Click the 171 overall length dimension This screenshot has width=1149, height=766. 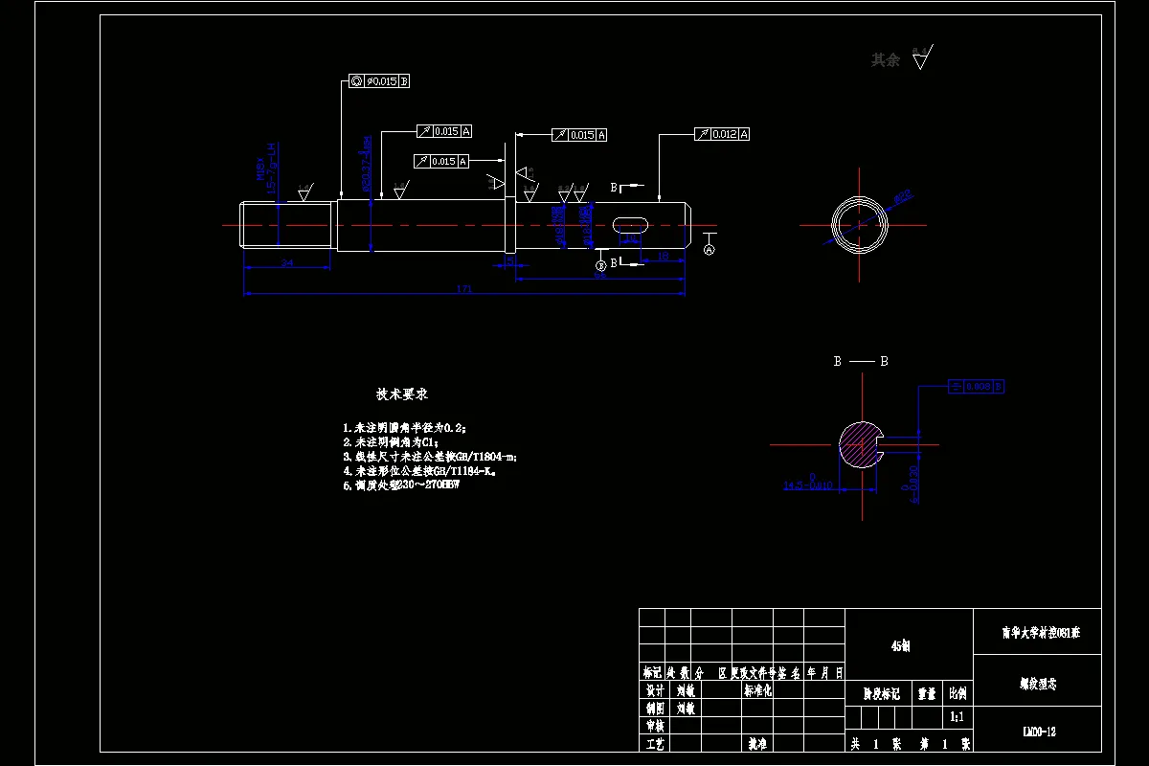[465, 288]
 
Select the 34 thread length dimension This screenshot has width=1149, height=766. [287, 262]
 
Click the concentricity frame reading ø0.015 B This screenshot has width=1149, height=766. [380, 81]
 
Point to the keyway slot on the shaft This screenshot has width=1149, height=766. [628, 224]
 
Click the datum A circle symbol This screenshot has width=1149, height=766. [710, 249]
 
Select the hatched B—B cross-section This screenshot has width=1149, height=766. [861, 444]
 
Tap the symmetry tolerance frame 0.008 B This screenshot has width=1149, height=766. [977, 386]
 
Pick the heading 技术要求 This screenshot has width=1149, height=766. [401, 394]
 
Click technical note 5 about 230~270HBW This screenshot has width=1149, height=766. [401, 485]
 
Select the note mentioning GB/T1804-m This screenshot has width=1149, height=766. [430, 457]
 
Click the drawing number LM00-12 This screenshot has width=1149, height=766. [1039, 732]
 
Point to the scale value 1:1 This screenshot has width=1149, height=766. [956, 716]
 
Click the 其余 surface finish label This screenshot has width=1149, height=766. [886, 60]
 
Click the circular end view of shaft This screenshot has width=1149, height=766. [859, 226]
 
